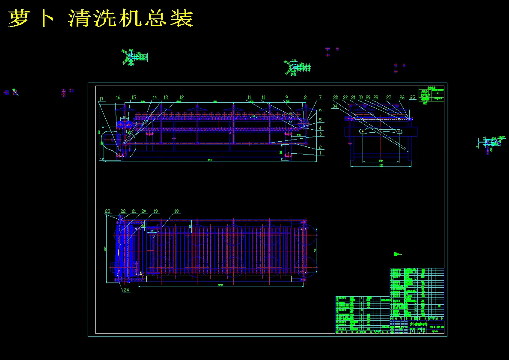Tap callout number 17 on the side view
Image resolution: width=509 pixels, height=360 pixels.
[x=101, y=99]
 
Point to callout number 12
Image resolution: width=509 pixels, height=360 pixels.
[x=182, y=98]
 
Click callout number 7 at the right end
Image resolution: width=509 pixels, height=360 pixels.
[x=320, y=98]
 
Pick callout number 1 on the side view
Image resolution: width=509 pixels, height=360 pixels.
[x=320, y=153]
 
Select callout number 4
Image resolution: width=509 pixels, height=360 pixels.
[x=320, y=128]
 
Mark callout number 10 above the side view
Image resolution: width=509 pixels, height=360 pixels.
[x=264, y=98]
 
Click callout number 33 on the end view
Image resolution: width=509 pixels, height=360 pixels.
[x=336, y=98]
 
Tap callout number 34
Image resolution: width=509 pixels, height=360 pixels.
[x=334, y=106]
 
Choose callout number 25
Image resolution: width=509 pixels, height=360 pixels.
[x=413, y=98]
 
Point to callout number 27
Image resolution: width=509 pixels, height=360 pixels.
[x=389, y=98]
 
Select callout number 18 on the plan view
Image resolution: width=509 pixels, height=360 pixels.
[x=176, y=211]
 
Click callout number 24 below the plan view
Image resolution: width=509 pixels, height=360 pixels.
[x=126, y=290]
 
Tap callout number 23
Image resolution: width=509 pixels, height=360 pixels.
[x=108, y=211]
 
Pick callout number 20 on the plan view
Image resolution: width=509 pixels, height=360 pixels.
[x=144, y=211]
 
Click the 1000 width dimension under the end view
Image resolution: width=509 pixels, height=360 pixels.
[x=381, y=165]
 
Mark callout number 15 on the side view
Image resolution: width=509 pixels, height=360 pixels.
[x=134, y=98]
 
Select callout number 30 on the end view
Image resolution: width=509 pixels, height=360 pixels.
[x=361, y=98]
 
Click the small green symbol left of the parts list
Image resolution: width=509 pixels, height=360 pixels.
[x=397, y=254]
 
